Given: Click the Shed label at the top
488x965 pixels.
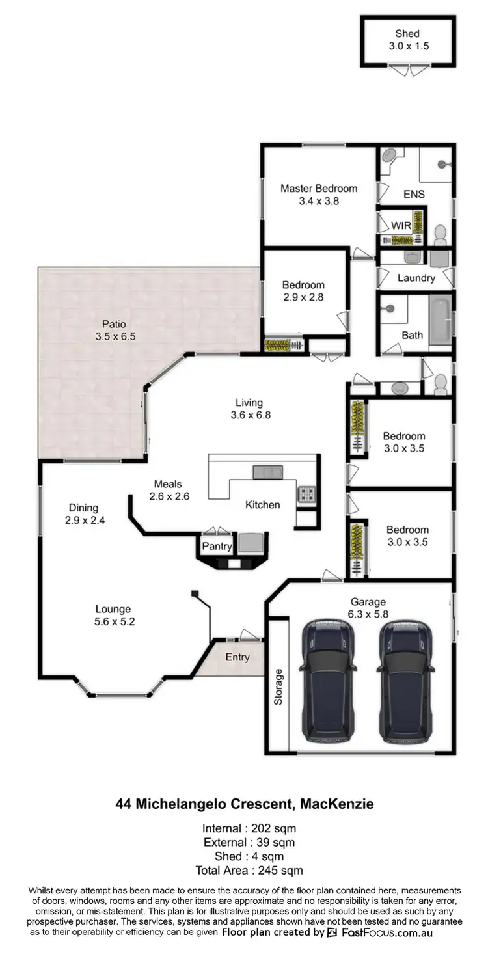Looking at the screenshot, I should [x=407, y=33].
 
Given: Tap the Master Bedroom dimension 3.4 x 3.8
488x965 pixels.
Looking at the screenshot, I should [x=319, y=201].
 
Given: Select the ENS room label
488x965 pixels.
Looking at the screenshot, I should [x=414, y=194].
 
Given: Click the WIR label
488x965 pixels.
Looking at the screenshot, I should [x=400, y=225].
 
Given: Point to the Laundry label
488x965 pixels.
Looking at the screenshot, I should [x=416, y=278].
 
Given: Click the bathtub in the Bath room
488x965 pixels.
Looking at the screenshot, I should [x=441, y=319].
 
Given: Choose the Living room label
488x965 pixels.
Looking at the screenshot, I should [x=249, y=403].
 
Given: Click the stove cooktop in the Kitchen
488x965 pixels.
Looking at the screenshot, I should [x=306, y=493].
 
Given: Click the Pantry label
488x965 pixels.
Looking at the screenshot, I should [x=217, y=546].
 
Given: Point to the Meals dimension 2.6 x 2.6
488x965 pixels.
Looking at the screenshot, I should [x=168, y=496].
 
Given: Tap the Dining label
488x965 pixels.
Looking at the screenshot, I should [x=84, y=508].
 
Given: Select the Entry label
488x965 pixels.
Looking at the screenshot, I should [x=237, y=657].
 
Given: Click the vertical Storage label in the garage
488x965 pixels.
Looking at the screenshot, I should [x=278, y=686].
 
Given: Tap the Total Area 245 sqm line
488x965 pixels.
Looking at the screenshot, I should [x=249, y=870].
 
